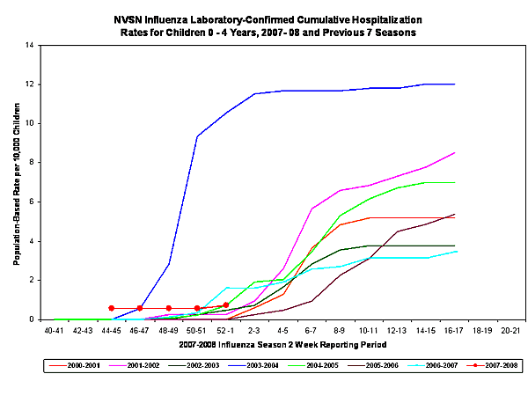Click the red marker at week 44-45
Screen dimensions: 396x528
111,308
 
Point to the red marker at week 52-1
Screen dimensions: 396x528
225,305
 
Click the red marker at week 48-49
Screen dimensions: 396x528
168,308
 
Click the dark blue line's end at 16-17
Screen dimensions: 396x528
454,84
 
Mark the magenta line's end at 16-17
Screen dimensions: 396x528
454,153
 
